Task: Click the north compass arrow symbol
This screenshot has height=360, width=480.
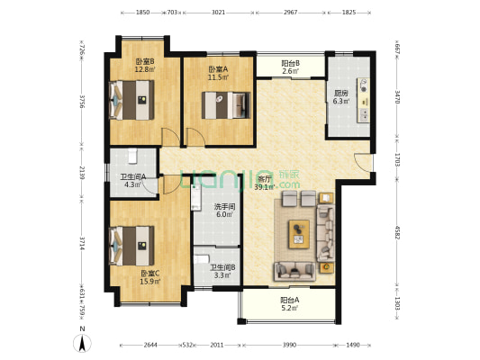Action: point(82,343)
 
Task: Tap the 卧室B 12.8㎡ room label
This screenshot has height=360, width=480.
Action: point(145,66)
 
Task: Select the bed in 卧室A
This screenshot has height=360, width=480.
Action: point(226,105)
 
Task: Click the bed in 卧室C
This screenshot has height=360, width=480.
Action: point(131,246)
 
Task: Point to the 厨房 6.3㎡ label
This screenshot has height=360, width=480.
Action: point(341,97)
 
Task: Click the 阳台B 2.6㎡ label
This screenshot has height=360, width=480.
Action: point(290,67)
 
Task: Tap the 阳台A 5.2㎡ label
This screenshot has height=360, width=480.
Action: point(290,304)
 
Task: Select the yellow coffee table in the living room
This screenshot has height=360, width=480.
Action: point(299,234)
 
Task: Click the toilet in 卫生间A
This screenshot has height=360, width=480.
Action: point(132,156)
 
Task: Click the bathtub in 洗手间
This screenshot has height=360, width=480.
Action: point(196,198)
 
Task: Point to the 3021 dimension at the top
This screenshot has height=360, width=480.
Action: point(218,13)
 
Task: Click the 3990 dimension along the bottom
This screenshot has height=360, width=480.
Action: point(289,345)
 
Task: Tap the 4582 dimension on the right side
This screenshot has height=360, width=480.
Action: point(397,233)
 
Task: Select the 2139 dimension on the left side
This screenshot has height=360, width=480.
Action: point(82,173)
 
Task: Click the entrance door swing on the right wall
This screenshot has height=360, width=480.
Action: point(363,163)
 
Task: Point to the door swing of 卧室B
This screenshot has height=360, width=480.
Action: point(170,137)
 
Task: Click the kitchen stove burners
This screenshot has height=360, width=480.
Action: point(364,85)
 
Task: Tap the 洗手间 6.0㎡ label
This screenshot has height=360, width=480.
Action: point(224,211)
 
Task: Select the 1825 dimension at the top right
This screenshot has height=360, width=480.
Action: point(349,13)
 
